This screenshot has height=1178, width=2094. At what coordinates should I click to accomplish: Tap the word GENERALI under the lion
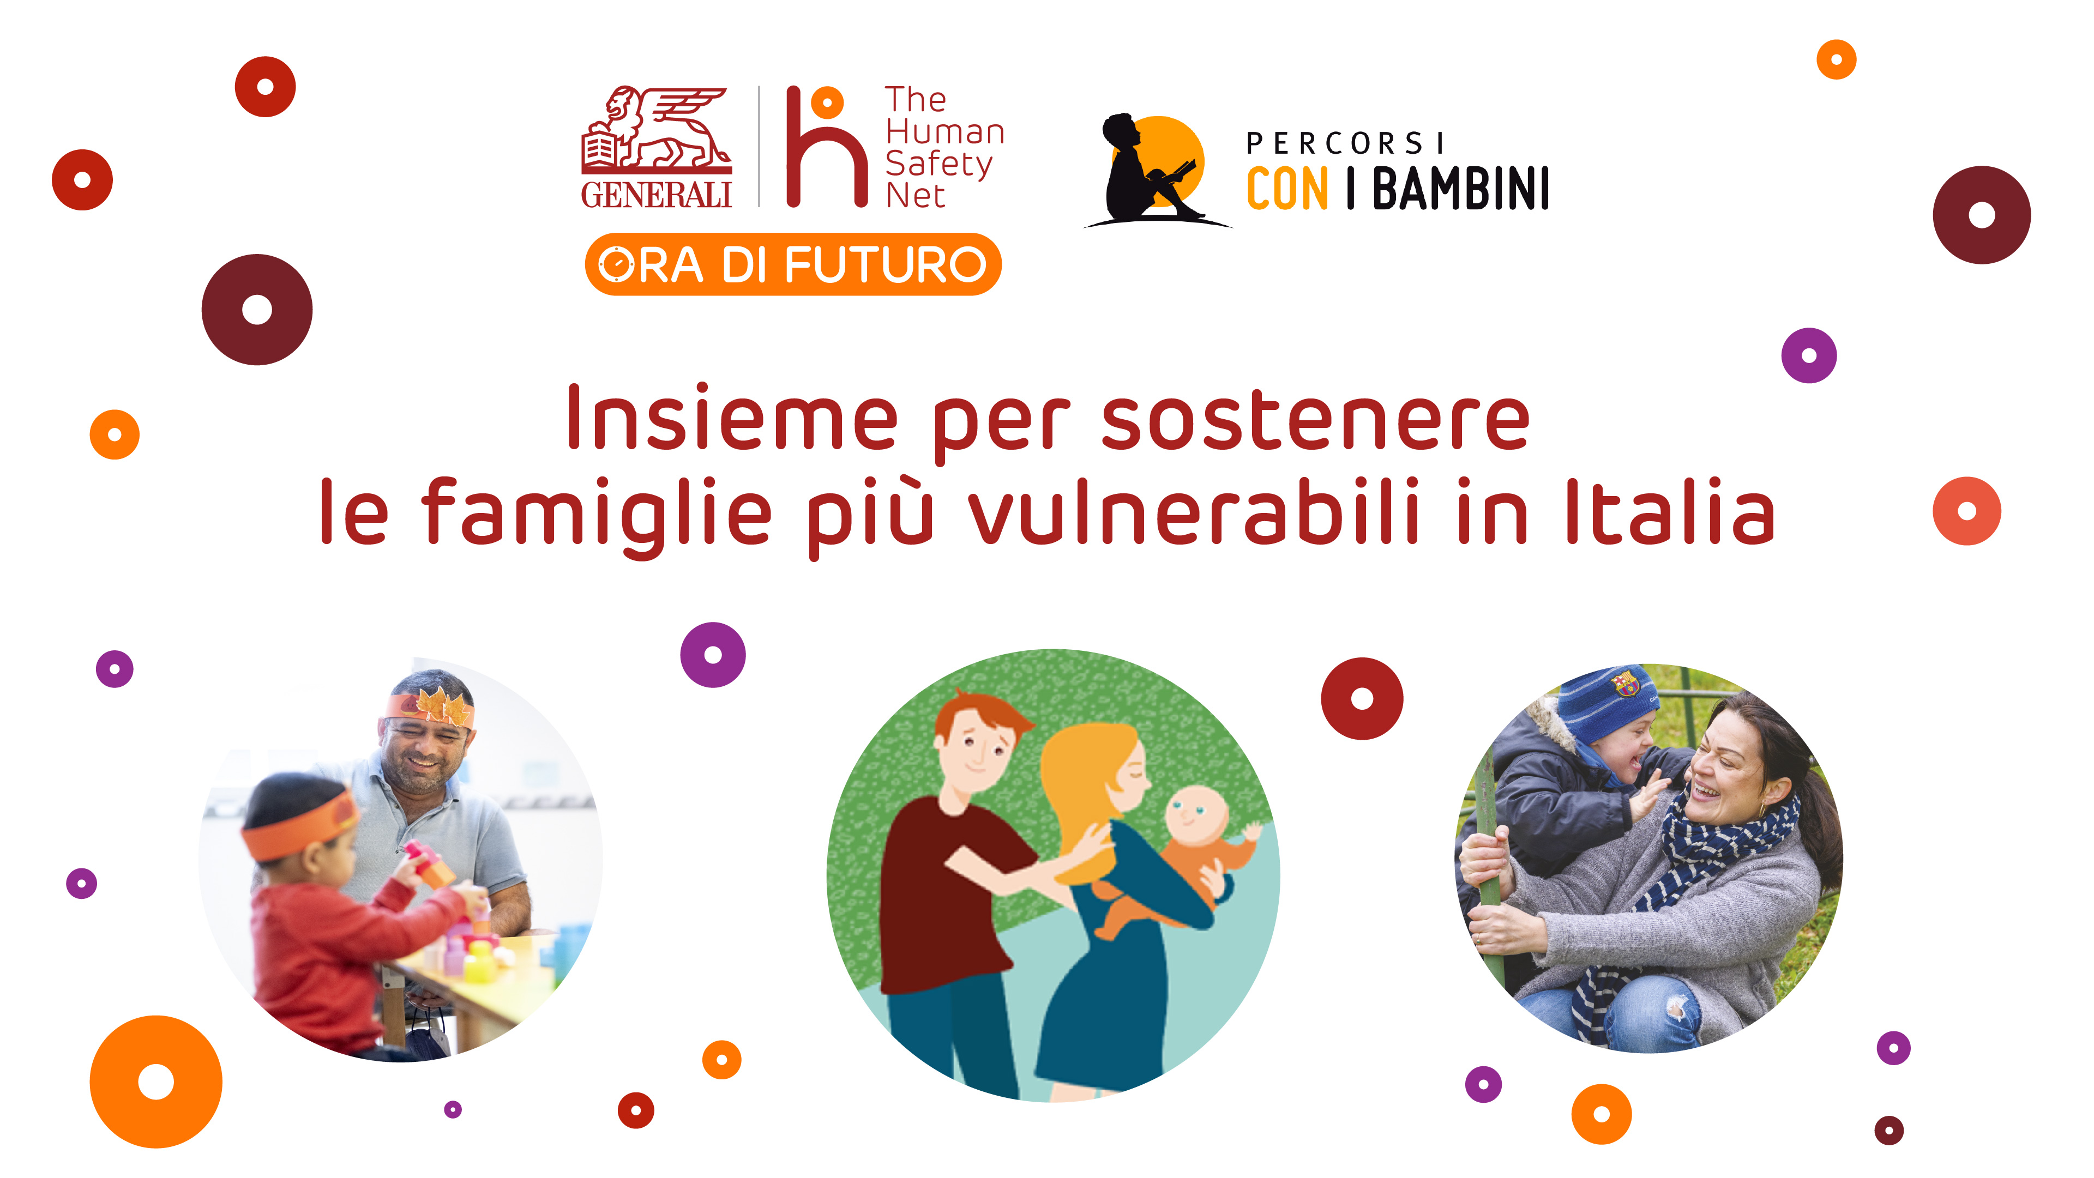(x=656, y=195)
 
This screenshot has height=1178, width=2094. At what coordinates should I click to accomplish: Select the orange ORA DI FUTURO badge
(x=792, y=264)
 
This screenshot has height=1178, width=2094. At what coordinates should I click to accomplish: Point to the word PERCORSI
(x=1345, y=144)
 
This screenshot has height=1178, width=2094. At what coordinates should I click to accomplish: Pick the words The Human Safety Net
(x=944, y=147)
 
